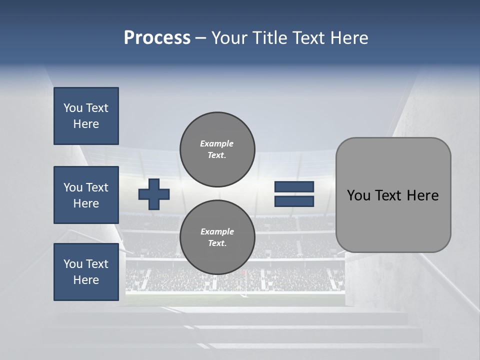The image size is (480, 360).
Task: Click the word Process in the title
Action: [157, 38]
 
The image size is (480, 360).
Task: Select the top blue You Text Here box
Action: [86, 116]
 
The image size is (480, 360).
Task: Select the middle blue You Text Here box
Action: [86, 195]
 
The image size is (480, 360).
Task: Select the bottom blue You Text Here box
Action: [86, 272]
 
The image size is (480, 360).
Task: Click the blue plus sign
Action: [154, 194]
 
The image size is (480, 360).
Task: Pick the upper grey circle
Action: [217, 149]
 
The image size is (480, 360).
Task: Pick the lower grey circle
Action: [217, 237]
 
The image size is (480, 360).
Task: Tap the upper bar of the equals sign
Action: [294, 187]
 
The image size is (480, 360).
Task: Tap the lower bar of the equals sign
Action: [294, 201]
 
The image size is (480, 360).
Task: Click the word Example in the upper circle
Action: [217, 143]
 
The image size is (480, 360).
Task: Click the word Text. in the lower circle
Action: [217, 243]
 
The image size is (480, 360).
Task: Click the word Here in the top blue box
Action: [86, 124]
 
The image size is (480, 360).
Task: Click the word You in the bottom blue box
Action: [73, 264]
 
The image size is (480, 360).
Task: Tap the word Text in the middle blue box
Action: [97, 187]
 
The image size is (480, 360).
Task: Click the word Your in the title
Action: [229, 38]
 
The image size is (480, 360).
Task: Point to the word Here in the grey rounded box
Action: [422, 195]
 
